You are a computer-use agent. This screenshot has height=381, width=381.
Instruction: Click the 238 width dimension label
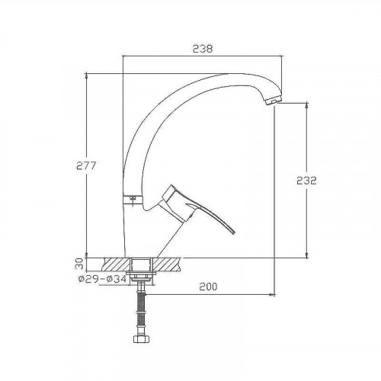203,49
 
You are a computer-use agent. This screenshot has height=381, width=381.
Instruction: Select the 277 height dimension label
86,165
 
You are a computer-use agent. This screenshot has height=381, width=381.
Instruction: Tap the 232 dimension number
306,181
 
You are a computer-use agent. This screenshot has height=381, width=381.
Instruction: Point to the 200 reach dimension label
208,287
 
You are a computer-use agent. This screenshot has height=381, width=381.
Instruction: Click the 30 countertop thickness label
79,264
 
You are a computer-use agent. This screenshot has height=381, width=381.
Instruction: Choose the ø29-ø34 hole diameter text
102,279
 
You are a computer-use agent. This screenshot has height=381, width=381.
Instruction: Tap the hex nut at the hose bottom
141,339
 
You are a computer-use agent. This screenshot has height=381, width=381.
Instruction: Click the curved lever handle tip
233,232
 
